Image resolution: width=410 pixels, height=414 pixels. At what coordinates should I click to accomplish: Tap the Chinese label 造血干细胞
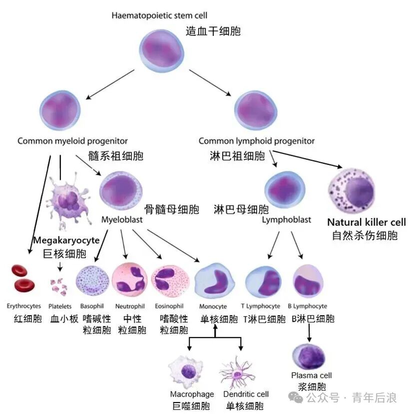pos(213,31)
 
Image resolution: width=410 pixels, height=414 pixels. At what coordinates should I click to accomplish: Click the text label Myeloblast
pos(122,220)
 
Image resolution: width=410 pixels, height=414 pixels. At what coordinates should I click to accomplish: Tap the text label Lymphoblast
pos(286,220)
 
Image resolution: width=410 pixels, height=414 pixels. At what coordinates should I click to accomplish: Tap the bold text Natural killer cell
pos(366,222)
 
